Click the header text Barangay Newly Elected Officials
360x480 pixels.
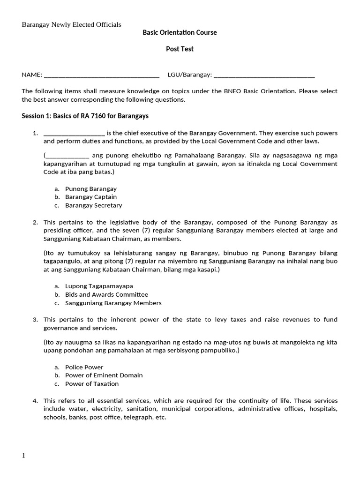(71, 24)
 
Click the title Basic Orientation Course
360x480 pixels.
(180, 32)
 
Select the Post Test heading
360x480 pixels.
(180, 49)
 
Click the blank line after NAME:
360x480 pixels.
(101, 75)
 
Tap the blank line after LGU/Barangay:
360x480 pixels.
(264, 75)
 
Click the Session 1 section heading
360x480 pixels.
(85, 116)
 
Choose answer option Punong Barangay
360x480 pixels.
(90, 188)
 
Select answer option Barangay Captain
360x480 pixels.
(90, 197)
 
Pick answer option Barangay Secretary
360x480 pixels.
(93, 205)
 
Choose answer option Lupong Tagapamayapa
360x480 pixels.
(96, 286)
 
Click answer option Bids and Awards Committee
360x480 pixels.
(106, 294)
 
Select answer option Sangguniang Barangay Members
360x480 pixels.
(113, 303)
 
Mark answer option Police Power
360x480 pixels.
(84, 367)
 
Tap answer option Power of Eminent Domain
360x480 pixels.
(104, 375)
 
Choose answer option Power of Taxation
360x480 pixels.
(92, 383)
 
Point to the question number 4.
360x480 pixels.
(35, 401)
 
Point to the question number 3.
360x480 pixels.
(35, 320)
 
